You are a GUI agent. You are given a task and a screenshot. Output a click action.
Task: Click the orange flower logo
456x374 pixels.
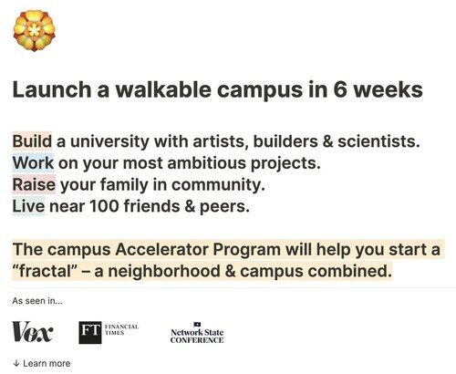tap(35, 30)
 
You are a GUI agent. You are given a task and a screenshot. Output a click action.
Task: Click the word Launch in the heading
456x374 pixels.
tap(52, 89)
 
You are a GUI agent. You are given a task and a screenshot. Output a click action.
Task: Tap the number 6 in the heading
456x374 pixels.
tap(340, 89)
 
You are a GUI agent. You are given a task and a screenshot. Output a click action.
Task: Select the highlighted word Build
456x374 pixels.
tap(32, 141)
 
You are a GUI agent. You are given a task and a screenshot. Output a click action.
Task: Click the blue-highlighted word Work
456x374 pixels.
tap(33, 163)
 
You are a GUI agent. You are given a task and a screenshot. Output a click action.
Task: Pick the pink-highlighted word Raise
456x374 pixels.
tap(34, 184)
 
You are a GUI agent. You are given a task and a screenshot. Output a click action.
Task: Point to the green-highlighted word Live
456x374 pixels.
tap(28, 206)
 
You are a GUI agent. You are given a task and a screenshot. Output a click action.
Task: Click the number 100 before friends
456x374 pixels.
tap(104, 206)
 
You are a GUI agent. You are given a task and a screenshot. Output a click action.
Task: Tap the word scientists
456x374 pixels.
tap(378, 141)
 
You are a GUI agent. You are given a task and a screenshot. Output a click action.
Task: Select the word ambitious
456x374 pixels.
tap(206, 163)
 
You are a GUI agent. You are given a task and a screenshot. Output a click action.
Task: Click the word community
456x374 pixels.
tap(218, 185)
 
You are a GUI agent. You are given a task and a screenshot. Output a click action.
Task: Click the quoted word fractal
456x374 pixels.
tap(45, 271)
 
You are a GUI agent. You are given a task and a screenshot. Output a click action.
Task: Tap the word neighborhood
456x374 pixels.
tap(164, 271)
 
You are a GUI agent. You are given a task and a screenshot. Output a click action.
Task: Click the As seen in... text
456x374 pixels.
tap(37, 301)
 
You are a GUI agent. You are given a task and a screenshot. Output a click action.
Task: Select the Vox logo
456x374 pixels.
tap(33, 332)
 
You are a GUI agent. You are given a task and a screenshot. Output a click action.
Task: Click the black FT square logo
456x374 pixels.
tap(90, 332)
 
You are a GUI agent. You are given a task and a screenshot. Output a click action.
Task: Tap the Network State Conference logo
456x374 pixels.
tap(197, 333)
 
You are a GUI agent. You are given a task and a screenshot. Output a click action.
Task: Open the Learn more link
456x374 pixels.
tap(42, 363)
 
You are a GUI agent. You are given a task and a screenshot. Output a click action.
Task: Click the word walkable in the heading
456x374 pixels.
tap(163, 89)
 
